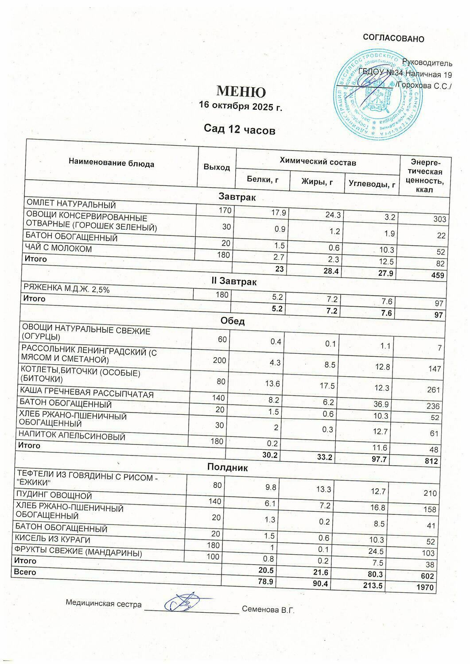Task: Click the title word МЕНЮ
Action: pos(241,92)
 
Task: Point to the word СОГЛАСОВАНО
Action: pos(393,39)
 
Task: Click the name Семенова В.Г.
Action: pos(268,610)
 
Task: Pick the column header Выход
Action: pos(217,167)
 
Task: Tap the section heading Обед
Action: pos(233,321)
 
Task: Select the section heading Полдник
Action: pos(228,467)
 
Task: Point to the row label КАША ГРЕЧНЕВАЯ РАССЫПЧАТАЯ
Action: pos(86,394)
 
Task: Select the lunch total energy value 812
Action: pos(431,461)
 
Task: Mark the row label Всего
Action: pos(25,572)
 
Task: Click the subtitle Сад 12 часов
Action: pos(240,130)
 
